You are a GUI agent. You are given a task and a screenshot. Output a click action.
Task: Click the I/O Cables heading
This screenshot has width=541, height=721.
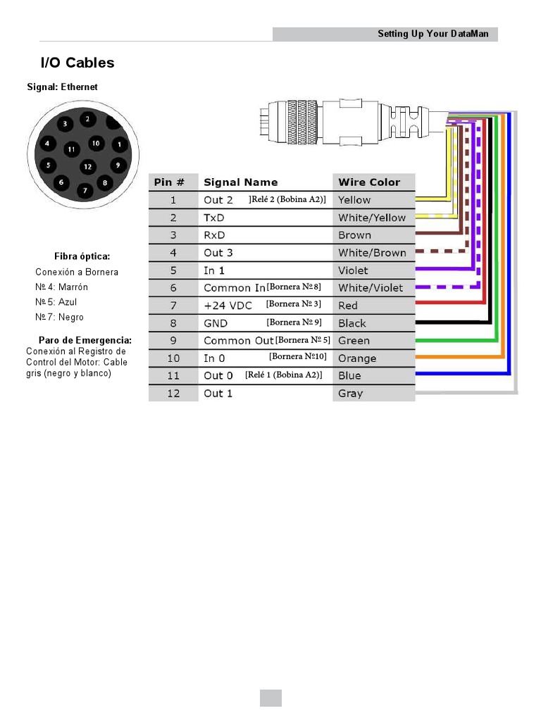tap(77, 63)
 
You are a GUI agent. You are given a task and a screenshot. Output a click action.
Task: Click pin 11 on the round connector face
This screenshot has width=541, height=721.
tap(71, 149)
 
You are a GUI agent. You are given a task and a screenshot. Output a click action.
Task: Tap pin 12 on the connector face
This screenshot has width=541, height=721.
tap(87, 167)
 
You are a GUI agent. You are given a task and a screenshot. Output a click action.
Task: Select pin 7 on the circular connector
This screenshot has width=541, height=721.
tap(85, 190)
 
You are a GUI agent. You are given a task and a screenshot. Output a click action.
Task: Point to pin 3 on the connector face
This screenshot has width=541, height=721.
tap(65, 124)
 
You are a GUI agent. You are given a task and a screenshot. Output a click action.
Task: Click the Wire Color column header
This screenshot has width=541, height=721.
tap(369, 182)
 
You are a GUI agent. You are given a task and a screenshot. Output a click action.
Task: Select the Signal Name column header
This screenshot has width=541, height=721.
tap(240, 182)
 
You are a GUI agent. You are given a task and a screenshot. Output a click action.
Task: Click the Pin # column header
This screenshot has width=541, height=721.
tap(169, 182)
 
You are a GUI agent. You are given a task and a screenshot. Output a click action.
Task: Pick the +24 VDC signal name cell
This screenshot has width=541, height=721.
tap(228, 306)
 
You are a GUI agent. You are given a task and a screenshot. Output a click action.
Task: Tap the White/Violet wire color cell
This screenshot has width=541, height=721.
tap(371, 288)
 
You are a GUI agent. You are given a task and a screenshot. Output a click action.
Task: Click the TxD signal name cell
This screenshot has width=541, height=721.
tap(214, 218)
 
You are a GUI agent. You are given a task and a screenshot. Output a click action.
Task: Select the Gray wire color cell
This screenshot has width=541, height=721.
tap(350, 394)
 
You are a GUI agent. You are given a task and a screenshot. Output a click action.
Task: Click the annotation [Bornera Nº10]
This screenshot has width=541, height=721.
tap(297, 357)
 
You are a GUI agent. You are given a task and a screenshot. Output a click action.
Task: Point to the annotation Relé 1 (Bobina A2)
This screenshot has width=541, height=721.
tap(284, 375)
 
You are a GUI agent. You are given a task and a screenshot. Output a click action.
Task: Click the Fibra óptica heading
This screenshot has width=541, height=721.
tap(82, 256)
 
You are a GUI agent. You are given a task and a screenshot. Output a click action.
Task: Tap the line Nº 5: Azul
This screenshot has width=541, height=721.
tap(56, 302)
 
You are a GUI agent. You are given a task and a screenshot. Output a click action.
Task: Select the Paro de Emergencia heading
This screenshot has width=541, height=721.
tap(85, 340)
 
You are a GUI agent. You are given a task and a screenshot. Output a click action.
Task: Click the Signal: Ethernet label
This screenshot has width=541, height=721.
tap(62, 87)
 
